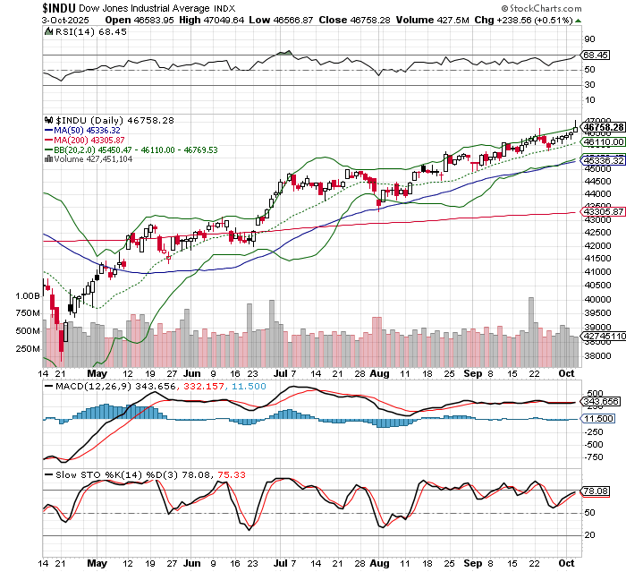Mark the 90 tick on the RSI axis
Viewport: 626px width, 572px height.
tap(590, 39)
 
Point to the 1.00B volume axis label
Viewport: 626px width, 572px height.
tap(27, 294)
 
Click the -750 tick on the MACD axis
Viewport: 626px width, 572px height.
tap(593, 457)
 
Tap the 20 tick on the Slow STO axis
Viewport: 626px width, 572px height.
tap(590, 534)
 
